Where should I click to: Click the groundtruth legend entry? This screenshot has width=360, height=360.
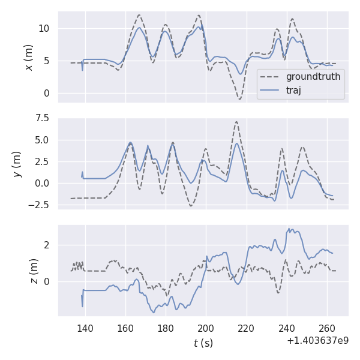click(x=313, y=77)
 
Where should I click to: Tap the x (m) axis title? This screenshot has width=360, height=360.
click(x=28, y=57)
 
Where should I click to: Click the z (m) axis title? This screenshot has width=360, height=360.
click(x=34, y=271)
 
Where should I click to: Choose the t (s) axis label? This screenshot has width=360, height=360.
click(x=203, y=343)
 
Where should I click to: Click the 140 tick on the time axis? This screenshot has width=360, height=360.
click(x=85, y=328)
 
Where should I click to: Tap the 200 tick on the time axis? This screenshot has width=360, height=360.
click(x=206, y=328)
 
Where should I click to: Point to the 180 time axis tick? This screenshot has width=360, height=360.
click(x=166, y=328)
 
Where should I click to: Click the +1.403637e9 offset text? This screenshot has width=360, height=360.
click(x=317, y=341)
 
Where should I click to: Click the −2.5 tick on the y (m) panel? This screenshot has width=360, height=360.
click(x=39, y=205)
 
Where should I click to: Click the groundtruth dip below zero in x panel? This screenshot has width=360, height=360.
click(x=239, y=98)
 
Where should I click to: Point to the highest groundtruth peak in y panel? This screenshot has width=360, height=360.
click(x=236, y=122)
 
